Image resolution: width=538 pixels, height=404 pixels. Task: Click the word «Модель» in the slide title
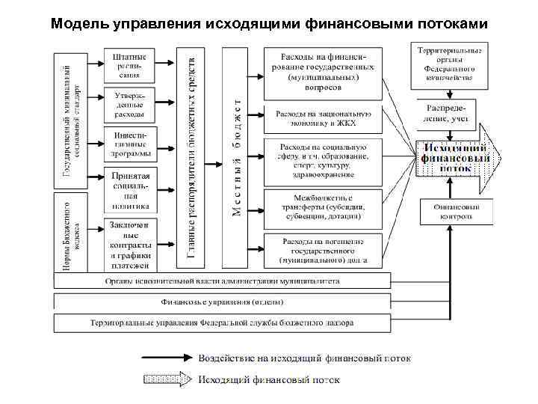(x=81, y=24)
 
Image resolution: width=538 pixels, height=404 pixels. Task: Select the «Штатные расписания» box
(x=129, y=65)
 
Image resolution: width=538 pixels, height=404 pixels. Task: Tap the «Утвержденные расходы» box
(x=129, y=105)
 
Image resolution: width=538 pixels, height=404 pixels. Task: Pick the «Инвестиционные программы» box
(x=129, y=145)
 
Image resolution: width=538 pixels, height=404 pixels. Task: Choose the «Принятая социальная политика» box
(x=129, y=190)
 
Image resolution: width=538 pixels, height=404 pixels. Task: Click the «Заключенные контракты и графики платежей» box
(x=129, y=244)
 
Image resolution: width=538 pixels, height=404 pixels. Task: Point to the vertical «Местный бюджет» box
(x=236, y=157)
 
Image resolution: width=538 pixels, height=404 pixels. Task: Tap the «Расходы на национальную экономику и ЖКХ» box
(x=321, y=119)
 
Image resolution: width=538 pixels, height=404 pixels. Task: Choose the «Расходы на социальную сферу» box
(x=321, y=161)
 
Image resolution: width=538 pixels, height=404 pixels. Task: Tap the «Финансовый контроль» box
(x=456, y=211)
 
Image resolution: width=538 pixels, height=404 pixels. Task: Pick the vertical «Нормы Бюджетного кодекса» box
(x=66, y=231)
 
